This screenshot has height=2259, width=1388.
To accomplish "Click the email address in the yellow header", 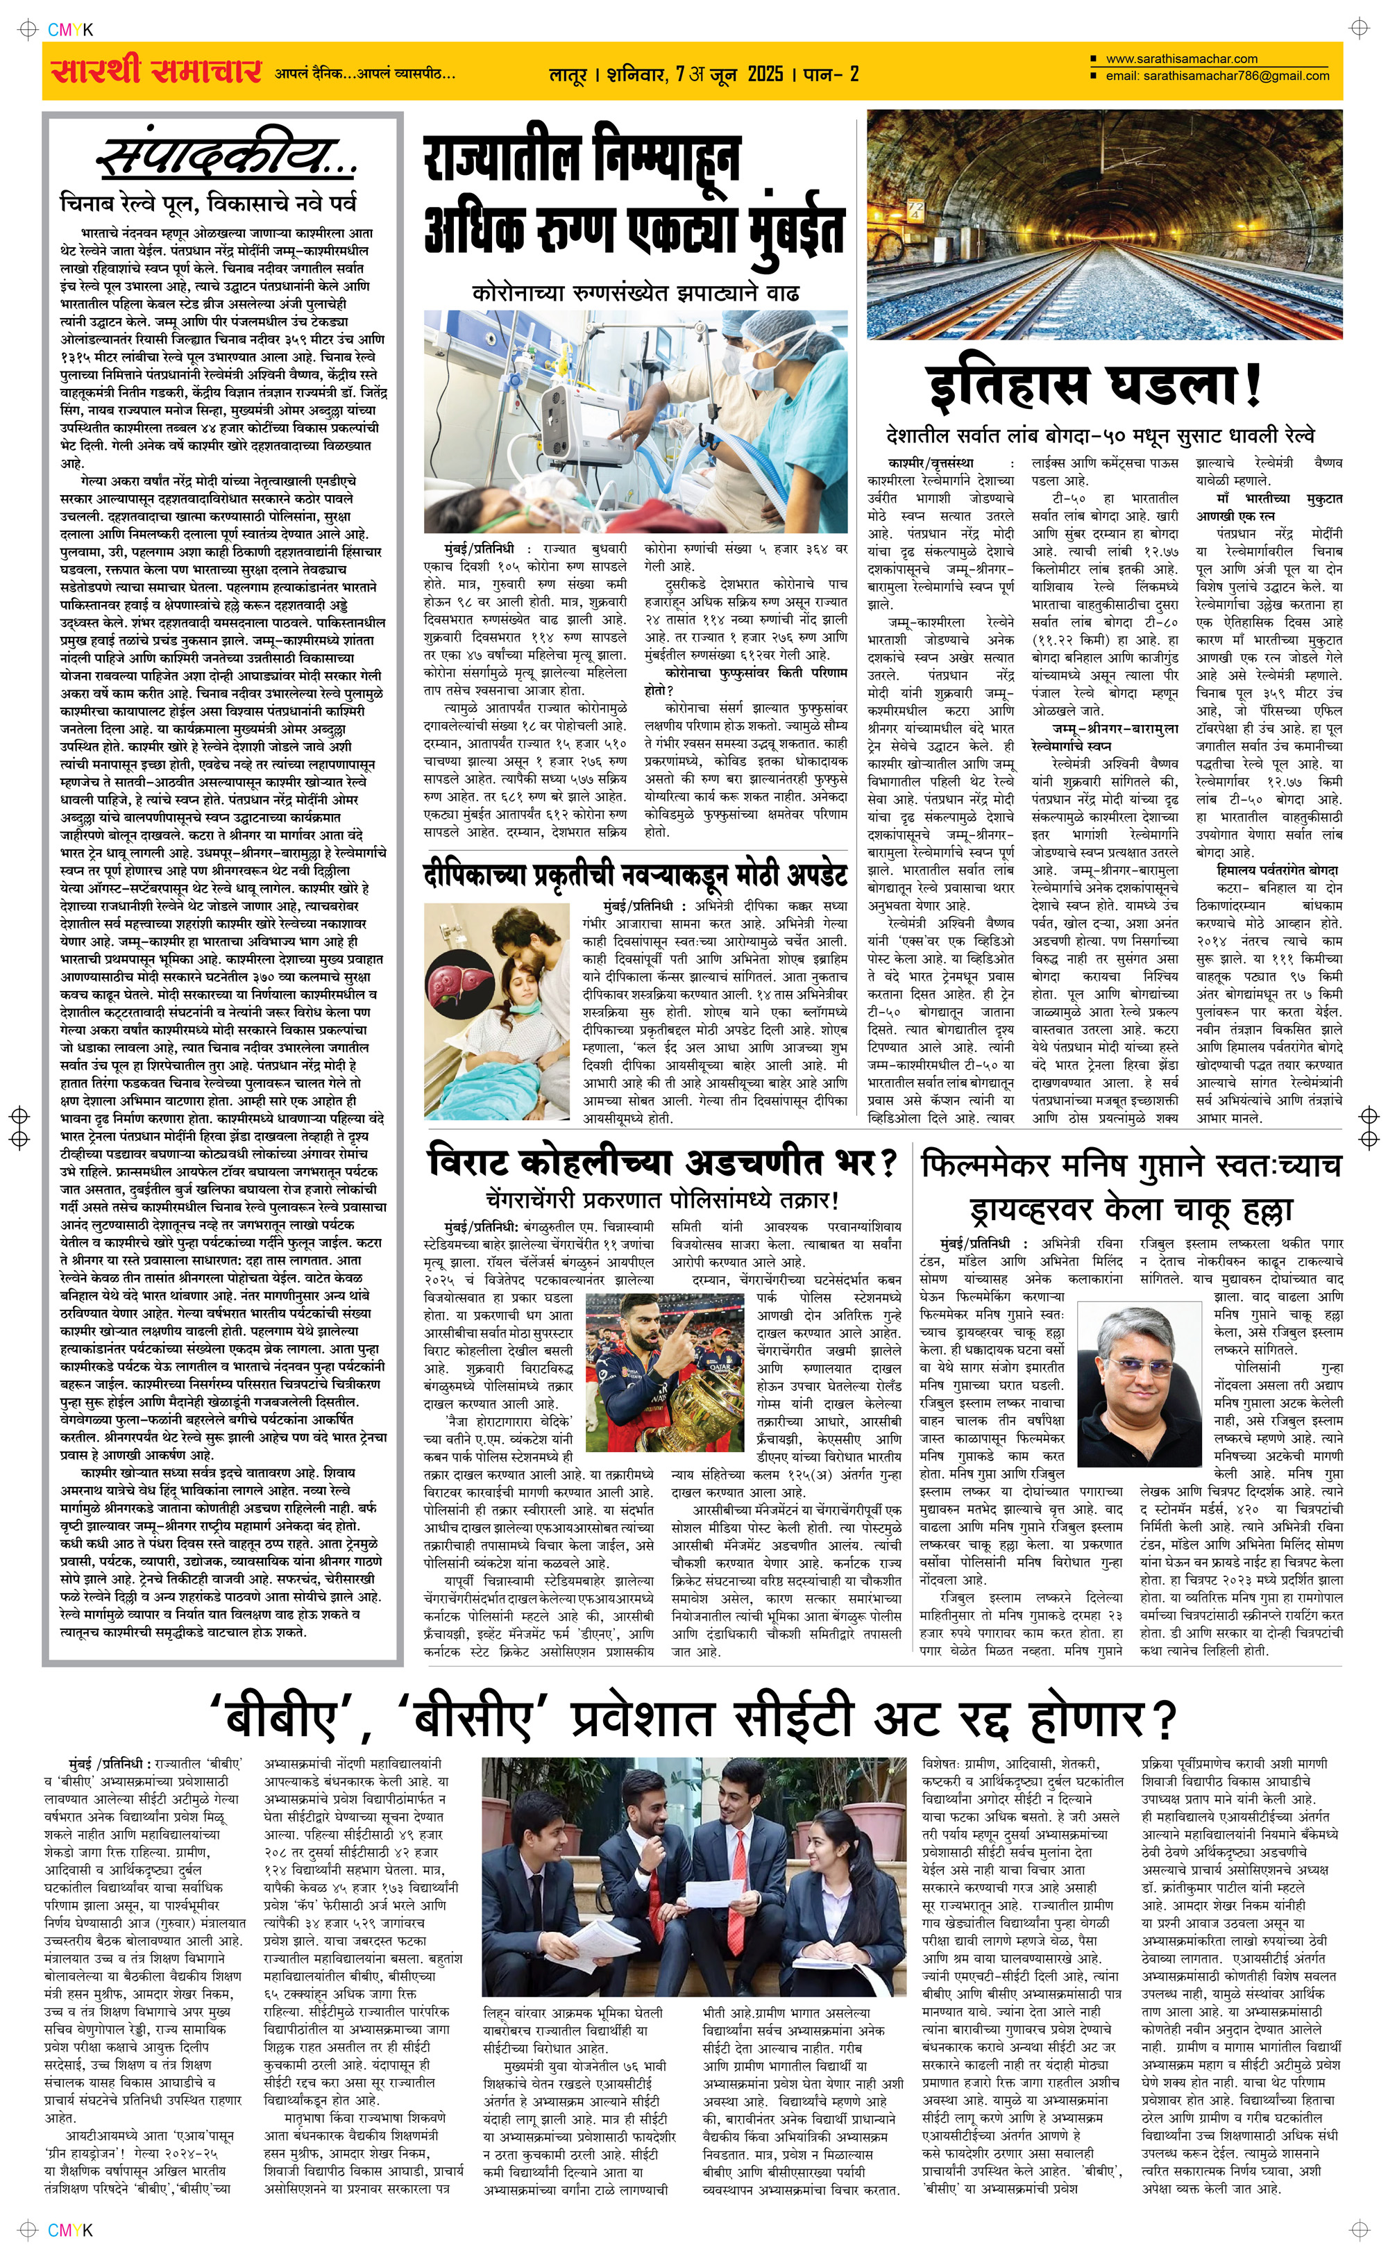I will (x=1217, y=76).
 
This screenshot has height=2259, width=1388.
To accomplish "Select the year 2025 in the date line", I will (x=765, y=74).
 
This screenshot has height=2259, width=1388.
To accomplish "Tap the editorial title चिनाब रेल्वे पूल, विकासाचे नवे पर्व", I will (x=208, y=202).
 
